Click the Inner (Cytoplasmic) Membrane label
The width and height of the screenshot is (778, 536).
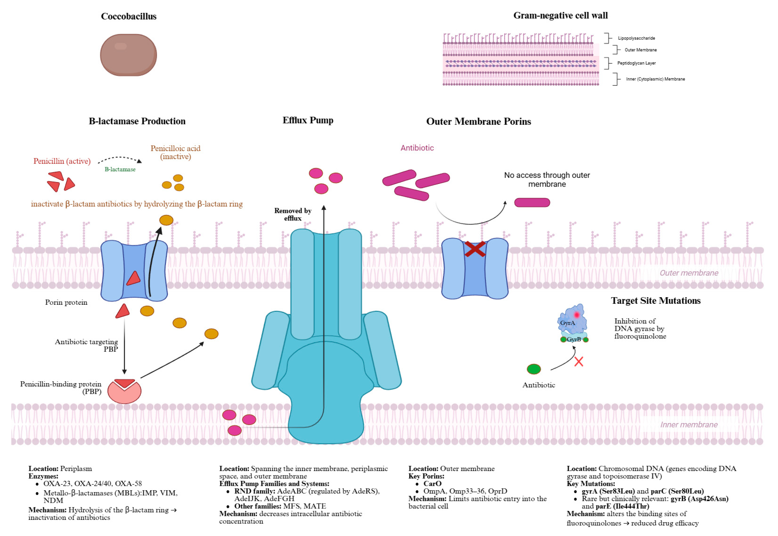655,79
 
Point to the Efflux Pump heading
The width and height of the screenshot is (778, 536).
308,120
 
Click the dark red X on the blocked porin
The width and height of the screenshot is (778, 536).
475,249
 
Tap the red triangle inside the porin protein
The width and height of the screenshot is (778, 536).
134,279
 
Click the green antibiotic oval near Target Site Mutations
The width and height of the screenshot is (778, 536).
534,369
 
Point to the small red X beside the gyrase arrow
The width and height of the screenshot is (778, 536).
578,362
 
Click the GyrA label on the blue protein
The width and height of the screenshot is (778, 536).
567,323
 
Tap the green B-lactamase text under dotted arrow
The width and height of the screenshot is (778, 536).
120,170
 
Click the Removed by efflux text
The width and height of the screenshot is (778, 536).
293,214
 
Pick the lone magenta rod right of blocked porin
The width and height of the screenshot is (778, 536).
532,203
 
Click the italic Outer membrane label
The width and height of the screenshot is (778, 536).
688,273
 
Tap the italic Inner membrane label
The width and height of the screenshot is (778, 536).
688,425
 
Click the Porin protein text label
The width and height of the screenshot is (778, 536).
66,303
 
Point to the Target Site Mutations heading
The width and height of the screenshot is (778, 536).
655,300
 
